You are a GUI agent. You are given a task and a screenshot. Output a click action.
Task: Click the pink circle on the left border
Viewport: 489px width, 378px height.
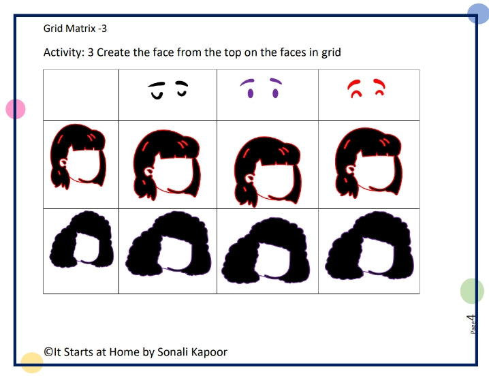[x=15, y=108]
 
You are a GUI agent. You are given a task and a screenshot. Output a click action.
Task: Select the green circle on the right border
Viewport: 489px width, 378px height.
[x=472, y=291]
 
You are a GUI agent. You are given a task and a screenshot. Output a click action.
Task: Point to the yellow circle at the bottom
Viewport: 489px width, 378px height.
[x=31, y=362]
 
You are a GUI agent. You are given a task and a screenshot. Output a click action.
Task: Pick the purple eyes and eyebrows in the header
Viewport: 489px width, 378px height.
[x=261, y=87]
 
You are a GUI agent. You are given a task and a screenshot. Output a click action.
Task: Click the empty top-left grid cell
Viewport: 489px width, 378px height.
[x=80, y=94]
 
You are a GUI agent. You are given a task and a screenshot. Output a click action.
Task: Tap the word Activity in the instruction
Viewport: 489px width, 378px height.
[x=63, y=52]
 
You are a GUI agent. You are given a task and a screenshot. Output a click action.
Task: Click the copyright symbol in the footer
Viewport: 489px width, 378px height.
[x=48, y=352]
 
